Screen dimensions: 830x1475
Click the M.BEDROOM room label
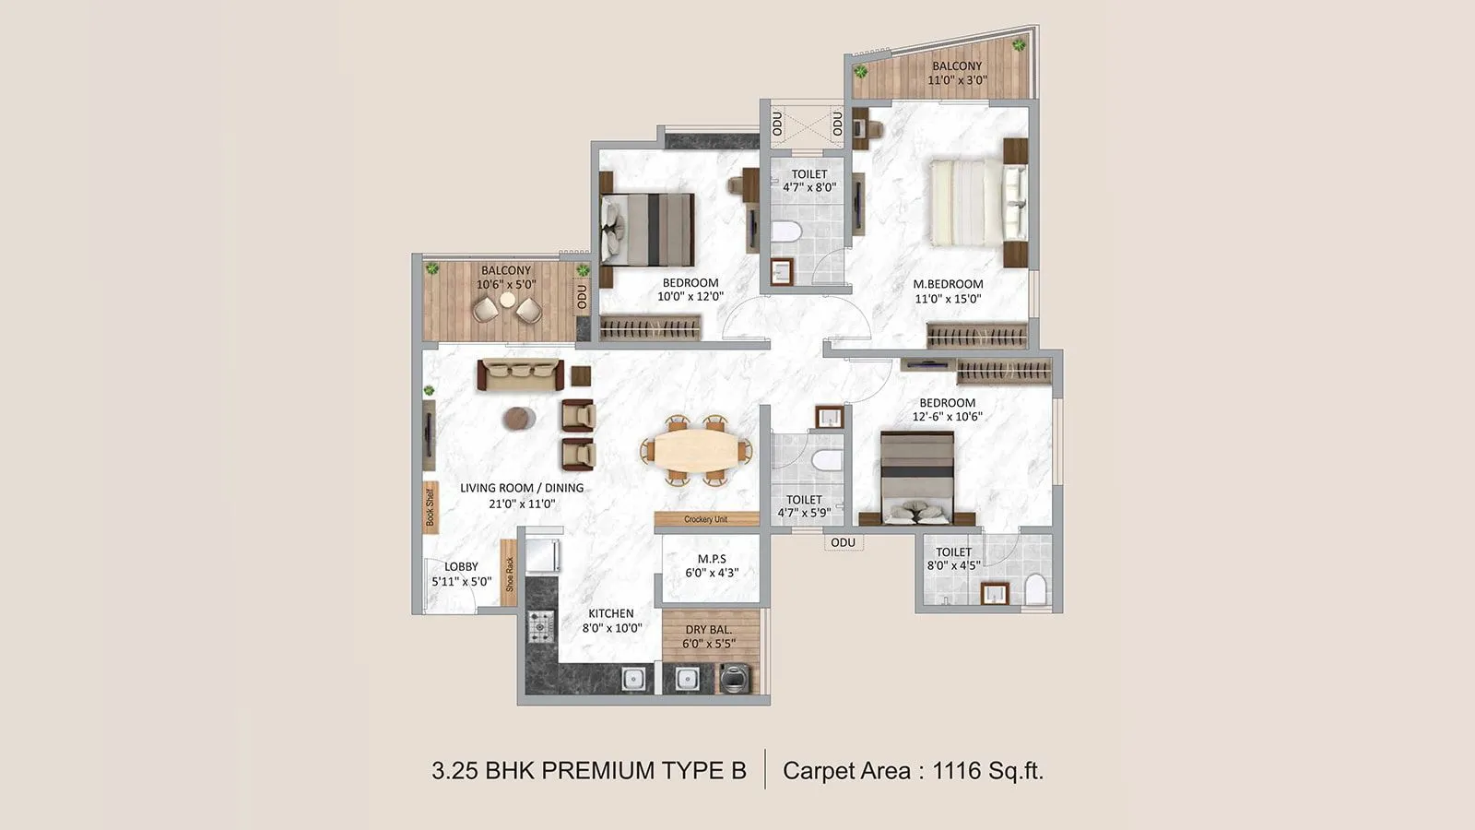tap(948, 284)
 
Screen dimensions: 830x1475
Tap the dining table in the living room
tap(696, 451)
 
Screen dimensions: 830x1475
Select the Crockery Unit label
tap(706, 519)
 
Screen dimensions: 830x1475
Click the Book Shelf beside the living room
tap(431, 507)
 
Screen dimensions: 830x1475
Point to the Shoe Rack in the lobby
tap(509, 573)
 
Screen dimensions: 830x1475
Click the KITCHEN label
tap(611, 613)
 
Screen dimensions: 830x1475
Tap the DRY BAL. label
tap(708, 630)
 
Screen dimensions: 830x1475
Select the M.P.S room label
tap(712, 559)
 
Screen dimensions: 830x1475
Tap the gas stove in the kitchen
tap(540, 626)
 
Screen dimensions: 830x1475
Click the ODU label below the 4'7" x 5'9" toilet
tap(843, 542)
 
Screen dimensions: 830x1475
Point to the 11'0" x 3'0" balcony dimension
tap(957, 80)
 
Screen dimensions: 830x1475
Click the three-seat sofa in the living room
tap(520, 374)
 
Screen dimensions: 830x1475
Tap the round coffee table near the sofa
tap(519, 419)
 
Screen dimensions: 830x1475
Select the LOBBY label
tap(461, 566)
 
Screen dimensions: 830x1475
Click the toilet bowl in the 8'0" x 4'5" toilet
tap(1036, 588)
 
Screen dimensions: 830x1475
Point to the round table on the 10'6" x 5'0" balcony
tap(507, 300)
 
